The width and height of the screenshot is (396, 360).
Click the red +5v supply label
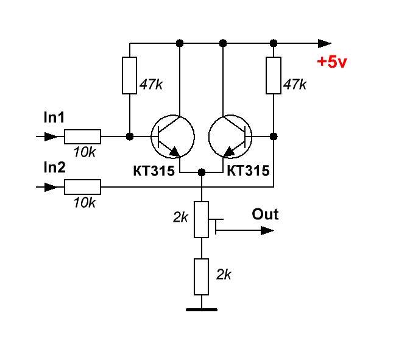[x=331, y=62]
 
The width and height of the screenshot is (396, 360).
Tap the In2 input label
[x=54, y=168]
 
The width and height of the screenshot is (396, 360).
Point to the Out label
[x=265, y=214]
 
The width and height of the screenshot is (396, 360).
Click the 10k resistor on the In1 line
[x=82, y=136]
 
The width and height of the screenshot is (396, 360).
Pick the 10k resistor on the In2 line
[x=82, y=186]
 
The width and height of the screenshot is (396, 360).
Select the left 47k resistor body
[x=129, y=76]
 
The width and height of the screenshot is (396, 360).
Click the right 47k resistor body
[x=274, y=76]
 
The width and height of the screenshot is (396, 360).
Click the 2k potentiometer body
[x=202, y=219]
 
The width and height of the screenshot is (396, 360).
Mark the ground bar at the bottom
[x=202, y=309]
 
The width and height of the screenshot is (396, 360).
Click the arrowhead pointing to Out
[x=267, y=230]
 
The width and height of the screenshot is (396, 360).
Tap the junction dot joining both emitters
[x=202, y=172]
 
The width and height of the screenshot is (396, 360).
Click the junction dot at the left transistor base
[x=129, y=136]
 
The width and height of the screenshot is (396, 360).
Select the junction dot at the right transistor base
[x=274, y=136]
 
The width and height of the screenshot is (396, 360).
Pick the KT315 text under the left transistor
[x=154, y=172]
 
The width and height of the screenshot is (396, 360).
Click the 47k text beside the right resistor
[x=295, y=85]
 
